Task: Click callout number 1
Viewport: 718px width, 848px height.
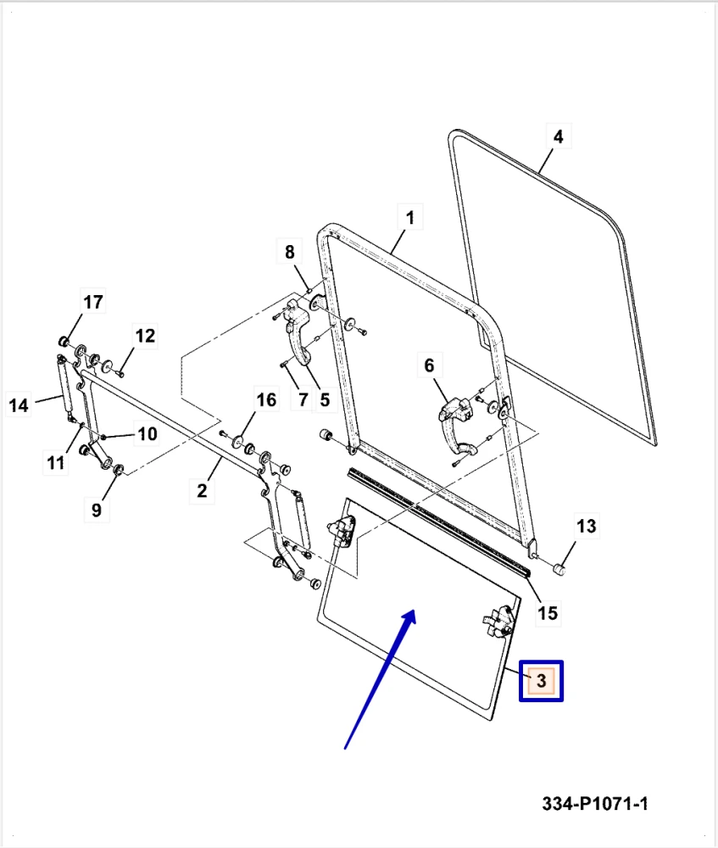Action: [x=409, y=218]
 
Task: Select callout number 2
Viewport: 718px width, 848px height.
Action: [x=203, y=489]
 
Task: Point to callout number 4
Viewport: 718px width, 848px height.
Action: [x=557, y=136]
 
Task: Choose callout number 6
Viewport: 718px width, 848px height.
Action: [x=429, y=365]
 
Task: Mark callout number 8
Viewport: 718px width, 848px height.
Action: [x=289, y=252]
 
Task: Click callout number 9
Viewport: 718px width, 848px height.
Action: [x=96, y=510]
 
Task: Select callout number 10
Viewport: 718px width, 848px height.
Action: [x=147, y=434]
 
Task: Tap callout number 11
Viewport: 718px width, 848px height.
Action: [x=56, y=462]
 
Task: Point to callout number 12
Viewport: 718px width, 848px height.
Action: [x=145, y=336]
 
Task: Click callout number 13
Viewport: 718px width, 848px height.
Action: [x=587, y=526]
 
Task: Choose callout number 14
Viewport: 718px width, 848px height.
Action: [x=19, y=405]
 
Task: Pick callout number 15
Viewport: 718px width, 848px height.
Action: [x=548, y=612]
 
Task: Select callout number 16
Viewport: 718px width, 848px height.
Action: [x=266, y=399]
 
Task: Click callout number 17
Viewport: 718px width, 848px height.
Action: [x=92, y=302]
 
